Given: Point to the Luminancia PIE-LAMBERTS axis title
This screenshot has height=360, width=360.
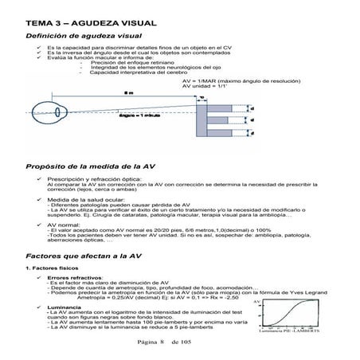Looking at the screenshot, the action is coord(289,328).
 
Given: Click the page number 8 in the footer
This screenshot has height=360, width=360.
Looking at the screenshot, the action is coord(161,341).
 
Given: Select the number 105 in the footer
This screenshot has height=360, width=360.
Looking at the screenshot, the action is coord(186,341).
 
